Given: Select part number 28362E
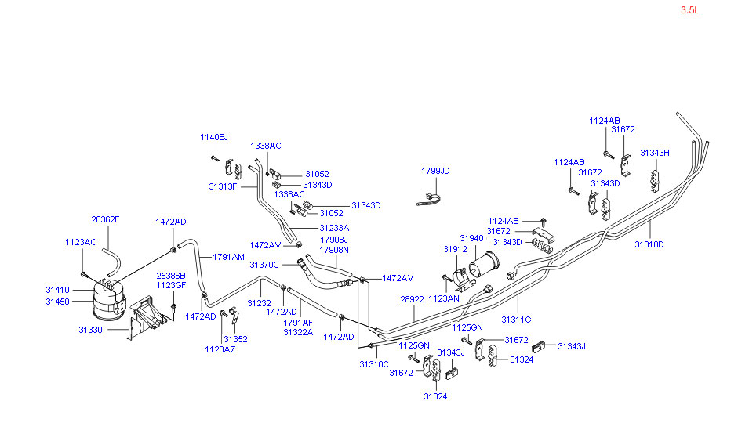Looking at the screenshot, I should pos(106,219).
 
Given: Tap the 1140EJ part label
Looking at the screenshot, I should pos(213,137).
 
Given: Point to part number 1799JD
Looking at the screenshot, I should pos(435,170).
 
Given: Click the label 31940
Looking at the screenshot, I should pos(471,238).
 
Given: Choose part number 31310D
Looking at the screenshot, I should pos(649,244).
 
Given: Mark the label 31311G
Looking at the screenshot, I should pos(517,320).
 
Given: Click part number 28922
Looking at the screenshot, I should pos(412,299).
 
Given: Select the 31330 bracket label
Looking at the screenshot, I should pos(91,330).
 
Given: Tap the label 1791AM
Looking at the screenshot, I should pos(229,257).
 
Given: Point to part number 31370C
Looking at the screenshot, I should pos(264,265).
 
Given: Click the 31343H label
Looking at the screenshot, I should pos(655,153).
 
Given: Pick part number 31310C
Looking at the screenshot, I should pos(374,364).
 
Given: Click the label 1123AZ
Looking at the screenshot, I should pos(220,349).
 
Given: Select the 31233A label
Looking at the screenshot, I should pos(334,228).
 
